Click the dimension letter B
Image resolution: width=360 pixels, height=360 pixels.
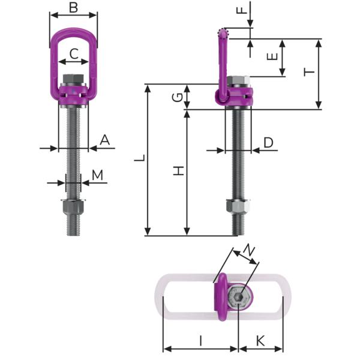point(73,8)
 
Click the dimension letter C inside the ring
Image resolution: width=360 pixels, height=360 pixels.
point(73,54)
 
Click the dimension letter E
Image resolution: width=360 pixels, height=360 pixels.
point(271,57)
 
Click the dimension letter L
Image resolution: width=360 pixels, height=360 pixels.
point(139,160)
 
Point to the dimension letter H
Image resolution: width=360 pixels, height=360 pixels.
point(178,171)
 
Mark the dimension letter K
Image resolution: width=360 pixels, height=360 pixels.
point(260,340)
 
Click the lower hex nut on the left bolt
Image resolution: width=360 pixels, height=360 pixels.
point(72,209)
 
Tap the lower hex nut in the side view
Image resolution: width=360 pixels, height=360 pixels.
point(238,208)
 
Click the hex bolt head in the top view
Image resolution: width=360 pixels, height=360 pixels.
point(238,298)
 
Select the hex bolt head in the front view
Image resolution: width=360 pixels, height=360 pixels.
point(72,79)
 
